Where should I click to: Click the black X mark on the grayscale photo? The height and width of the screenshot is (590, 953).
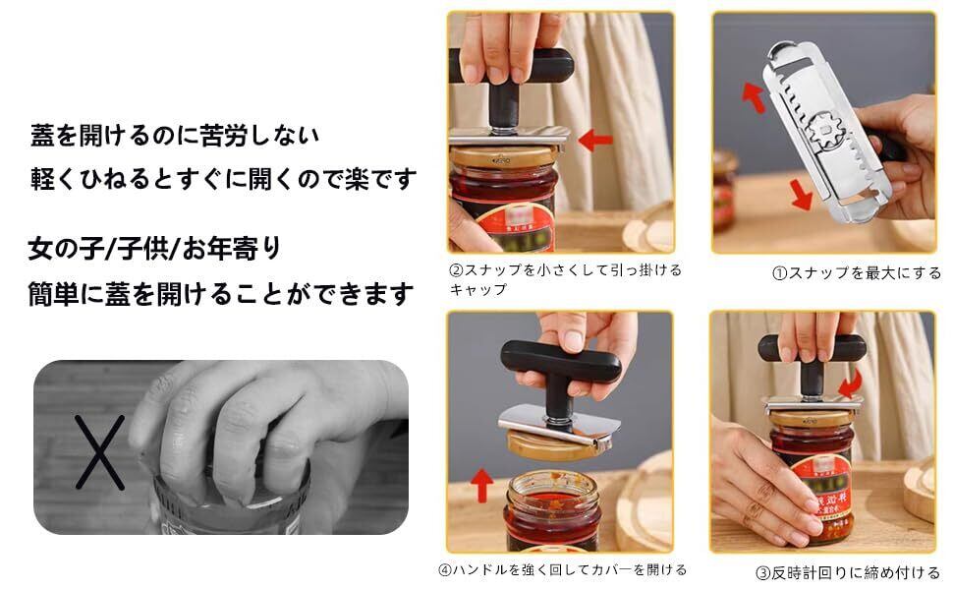coord(100,452)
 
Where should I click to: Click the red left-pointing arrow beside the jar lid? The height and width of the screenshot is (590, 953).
coord(595,141)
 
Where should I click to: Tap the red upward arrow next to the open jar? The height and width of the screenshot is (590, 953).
coord(482,485)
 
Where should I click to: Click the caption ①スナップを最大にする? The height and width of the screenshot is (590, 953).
coord(857,273)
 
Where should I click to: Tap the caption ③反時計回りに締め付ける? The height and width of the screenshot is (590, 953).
coord(848,572)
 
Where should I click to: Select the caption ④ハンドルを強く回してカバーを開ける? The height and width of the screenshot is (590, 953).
coord(562,570)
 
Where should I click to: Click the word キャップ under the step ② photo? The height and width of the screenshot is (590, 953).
coord(478,289)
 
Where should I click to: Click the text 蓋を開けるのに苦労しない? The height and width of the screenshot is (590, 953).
coord(175,135)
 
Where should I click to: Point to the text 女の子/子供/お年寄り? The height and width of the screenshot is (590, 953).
coord(154,248)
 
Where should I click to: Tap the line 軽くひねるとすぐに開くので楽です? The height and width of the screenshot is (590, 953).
coord(224,179)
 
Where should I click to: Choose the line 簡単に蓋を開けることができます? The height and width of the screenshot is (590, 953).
coord(221,294)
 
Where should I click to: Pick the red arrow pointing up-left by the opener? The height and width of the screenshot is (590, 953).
coord(755,97)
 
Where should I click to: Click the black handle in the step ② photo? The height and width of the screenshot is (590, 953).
coord(512,83)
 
